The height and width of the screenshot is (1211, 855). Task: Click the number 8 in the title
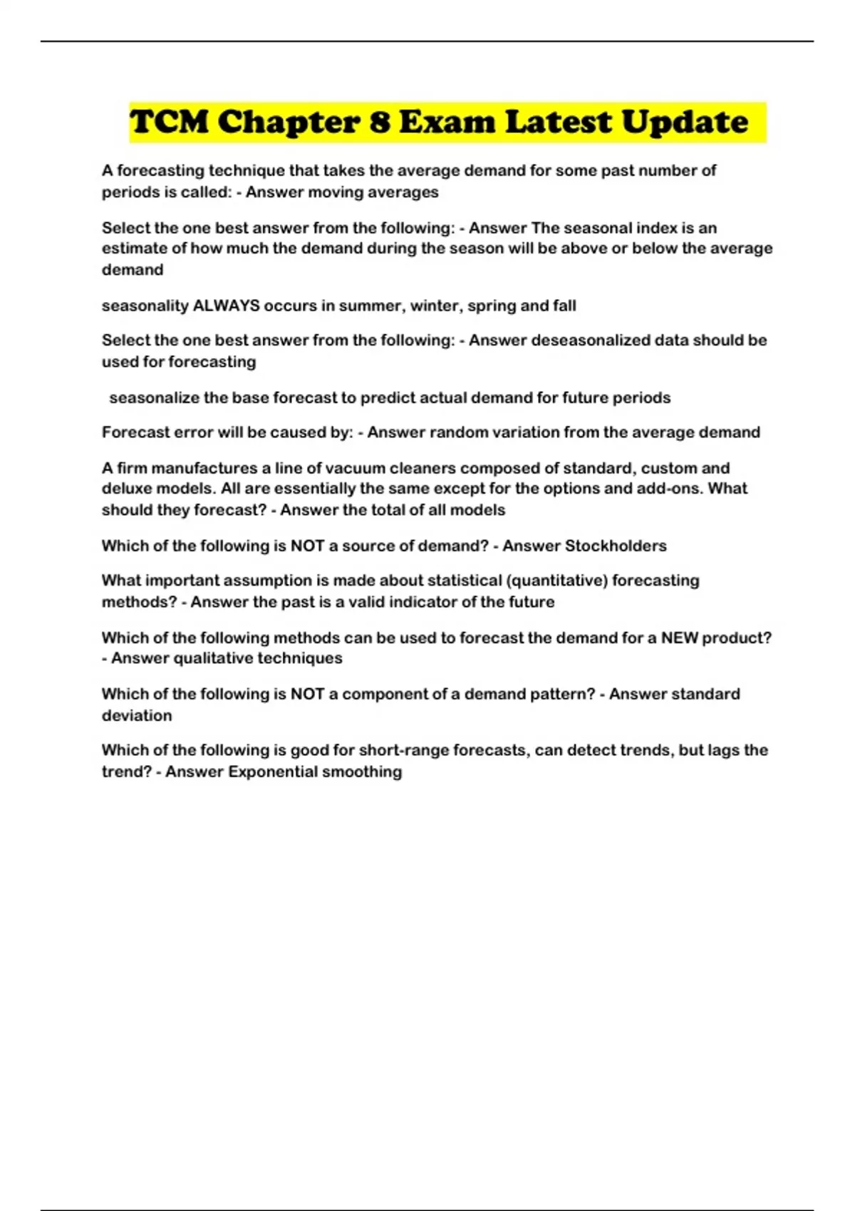click(x=380, y=122)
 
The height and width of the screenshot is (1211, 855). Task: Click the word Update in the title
click(x=684, y=123)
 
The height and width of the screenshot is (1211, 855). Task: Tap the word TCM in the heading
click(x=169, y=122)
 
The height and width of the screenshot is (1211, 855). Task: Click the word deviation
click(x=137, y=715)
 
